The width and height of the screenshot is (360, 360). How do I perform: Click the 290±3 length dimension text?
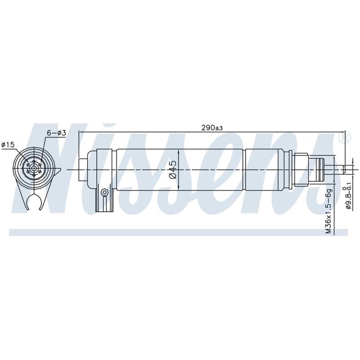click(212, 128)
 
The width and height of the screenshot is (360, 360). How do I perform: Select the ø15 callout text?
click(8, 144)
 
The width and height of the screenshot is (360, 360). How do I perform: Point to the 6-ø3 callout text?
click(56, 133)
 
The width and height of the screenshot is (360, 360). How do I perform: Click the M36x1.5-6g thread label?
click(329, 211)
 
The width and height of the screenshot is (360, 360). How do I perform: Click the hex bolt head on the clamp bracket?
click(105, 192)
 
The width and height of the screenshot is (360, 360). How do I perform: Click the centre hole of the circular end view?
click(34, 168)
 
